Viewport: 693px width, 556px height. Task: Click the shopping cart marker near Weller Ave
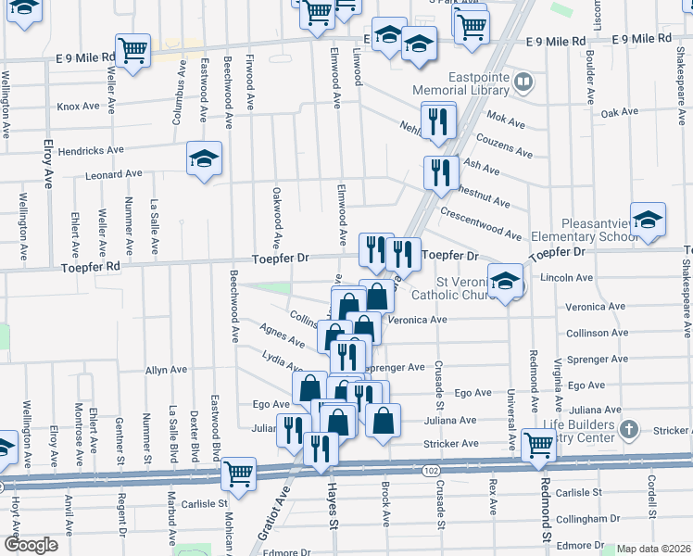tap(133, 50)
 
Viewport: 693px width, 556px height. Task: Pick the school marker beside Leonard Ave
tap(204, 158)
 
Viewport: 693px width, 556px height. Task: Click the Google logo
tap(30, 545)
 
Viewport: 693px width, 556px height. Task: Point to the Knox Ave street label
tap(78, 107)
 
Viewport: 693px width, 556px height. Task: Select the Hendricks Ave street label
tap(90, 150)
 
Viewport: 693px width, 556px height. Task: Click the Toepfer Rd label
tap(92, 267)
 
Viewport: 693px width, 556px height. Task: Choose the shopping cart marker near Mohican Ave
tap(239, 474)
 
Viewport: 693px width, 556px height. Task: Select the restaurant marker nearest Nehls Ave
tap(438, 120)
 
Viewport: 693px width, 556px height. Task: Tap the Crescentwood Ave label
tap(481, 222)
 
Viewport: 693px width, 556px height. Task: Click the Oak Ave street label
tap(619, 112)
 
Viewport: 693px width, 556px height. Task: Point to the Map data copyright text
tap(654, 549)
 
